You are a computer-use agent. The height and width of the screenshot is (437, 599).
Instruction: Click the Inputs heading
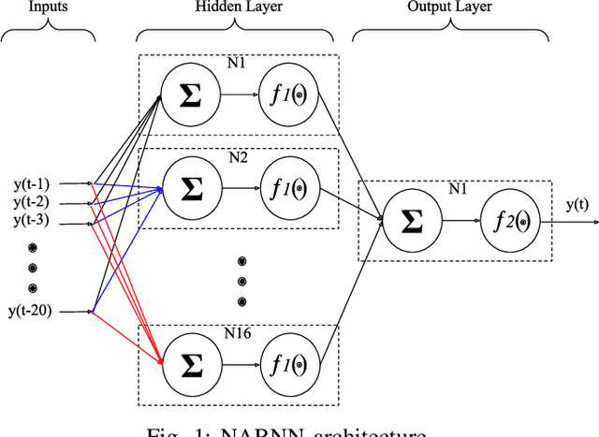click(47, 8)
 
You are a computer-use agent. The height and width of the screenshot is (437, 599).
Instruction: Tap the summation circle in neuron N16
click(190, 360)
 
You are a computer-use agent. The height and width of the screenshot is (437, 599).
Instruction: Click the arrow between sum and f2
click(460, 221)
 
